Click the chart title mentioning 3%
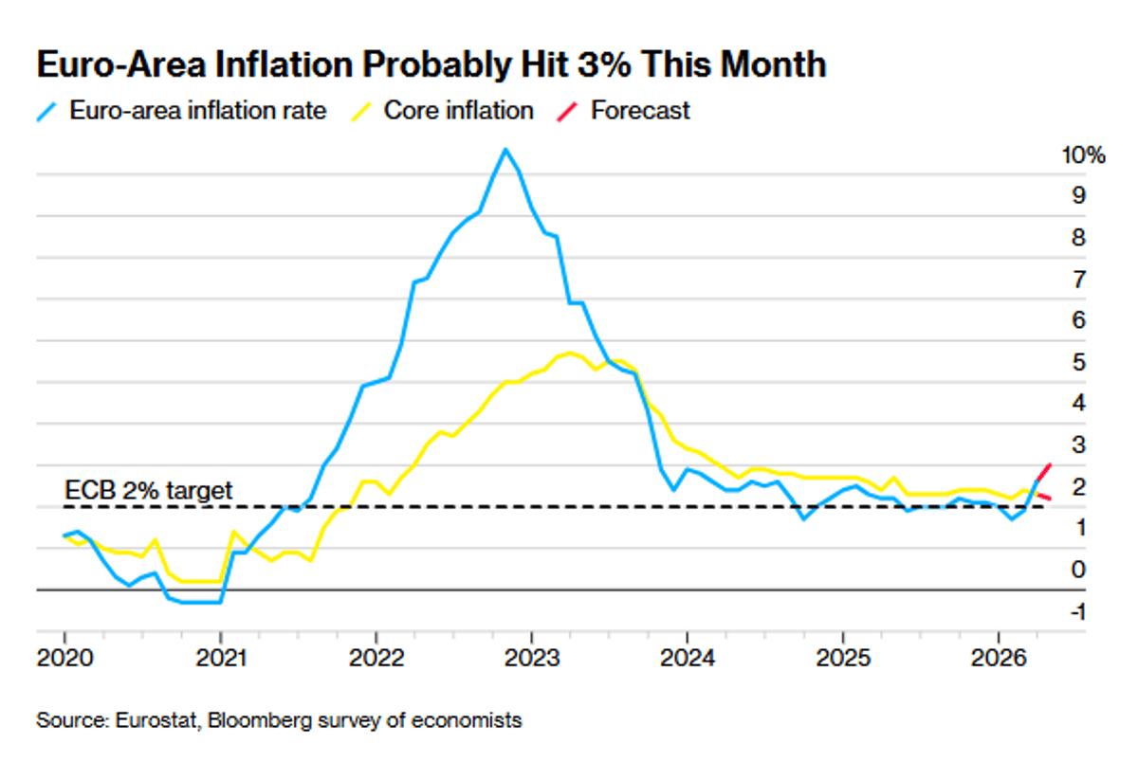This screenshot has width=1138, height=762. (431, 64)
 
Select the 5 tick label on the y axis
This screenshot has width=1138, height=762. (1078, 362)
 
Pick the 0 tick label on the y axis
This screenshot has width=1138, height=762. (1078, 570)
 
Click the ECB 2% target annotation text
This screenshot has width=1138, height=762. (148, 490)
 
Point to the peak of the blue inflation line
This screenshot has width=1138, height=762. (505, 149)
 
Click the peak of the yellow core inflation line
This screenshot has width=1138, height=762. (569, 353)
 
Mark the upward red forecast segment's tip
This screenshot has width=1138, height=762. (1050, 463)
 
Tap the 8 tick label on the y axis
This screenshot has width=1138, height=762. (1078, 237)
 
